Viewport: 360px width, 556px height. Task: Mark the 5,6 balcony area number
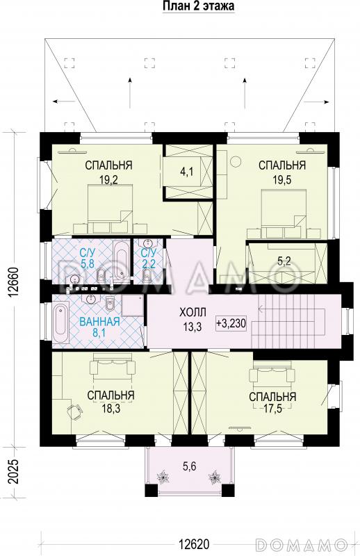pos(190,466)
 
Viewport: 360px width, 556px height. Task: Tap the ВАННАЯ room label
pos(99,322)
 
